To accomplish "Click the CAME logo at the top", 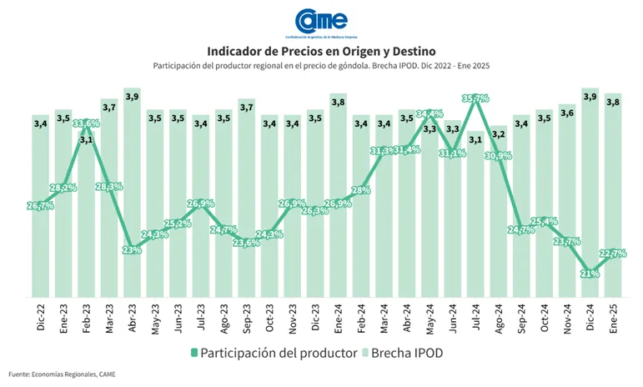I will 321,23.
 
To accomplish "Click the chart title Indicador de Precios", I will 321,51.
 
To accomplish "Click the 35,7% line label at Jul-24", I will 475,99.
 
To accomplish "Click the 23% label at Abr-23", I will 132,249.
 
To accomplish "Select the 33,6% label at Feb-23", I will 86,124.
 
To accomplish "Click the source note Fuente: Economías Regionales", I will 63,374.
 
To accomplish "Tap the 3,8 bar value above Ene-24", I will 339,103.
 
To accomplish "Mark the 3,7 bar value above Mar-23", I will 109,108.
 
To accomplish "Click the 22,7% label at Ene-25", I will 614,254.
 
